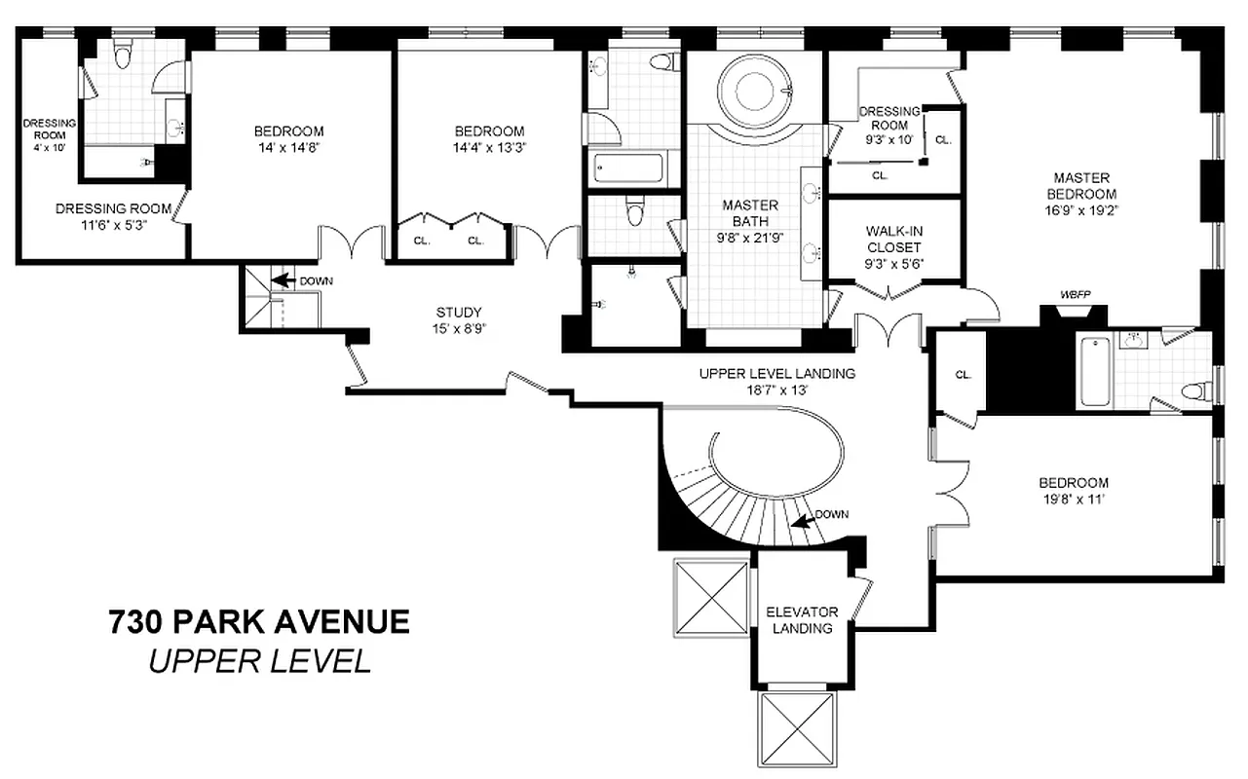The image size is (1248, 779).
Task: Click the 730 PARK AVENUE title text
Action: (x=258, y=621)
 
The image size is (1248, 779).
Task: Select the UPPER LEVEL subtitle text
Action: (x=259, y=661)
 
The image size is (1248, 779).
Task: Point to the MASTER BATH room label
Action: (x=750, y=212)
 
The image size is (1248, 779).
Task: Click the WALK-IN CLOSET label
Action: (x=893, y=240)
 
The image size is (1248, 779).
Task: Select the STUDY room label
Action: (x=458, y=313)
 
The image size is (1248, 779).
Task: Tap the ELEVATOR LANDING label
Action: (x=802, y=619)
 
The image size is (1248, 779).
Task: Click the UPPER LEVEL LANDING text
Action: (x=776, y=373)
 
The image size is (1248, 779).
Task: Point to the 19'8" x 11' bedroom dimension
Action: (x=1073, y=499)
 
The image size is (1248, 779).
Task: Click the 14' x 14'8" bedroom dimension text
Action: (x=288, y=148)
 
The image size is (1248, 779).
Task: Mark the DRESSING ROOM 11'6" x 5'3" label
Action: (x=113, y=216)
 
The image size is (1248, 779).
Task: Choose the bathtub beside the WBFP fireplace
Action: (x=1094, y=371)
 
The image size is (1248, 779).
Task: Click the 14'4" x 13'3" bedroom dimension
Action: (x=489, y=148)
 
